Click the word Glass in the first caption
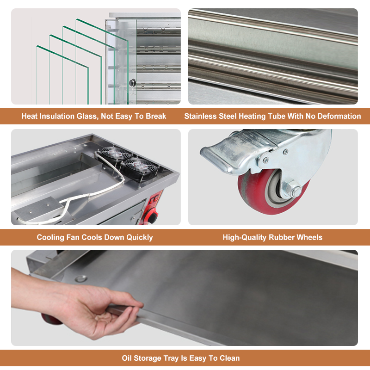click(87, 117)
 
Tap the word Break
click(156, 116)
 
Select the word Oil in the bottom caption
click(127, 358)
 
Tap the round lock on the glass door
click(132, 83)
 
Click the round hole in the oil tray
click(81, 278)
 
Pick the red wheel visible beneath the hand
click(51, 319)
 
